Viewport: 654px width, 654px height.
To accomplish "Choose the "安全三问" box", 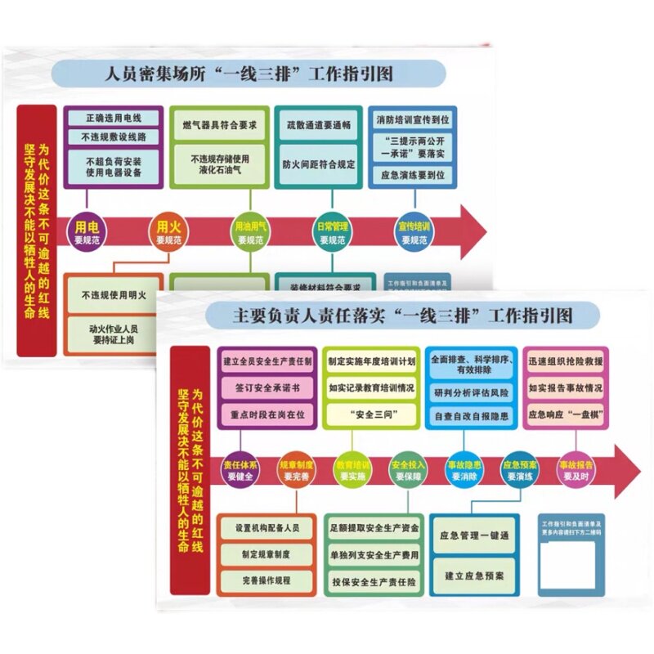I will point(373,414).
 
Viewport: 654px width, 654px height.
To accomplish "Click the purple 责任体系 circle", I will point(240,470).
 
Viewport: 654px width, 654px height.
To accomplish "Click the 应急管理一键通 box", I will point(474,536).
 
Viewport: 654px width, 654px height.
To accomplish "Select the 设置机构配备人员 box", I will point(267,528).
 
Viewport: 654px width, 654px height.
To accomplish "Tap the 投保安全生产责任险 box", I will point(374,581).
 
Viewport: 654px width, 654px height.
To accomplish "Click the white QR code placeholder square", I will point(567,562).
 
